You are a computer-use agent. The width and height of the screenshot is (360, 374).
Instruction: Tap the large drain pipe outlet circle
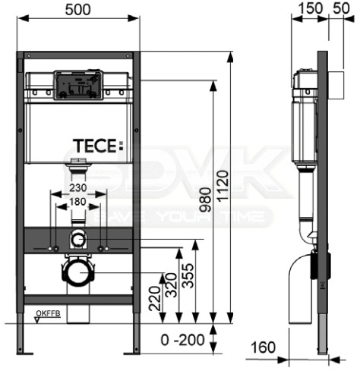point(78,270)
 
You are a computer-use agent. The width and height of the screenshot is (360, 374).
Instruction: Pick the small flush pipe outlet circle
point(78,241)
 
